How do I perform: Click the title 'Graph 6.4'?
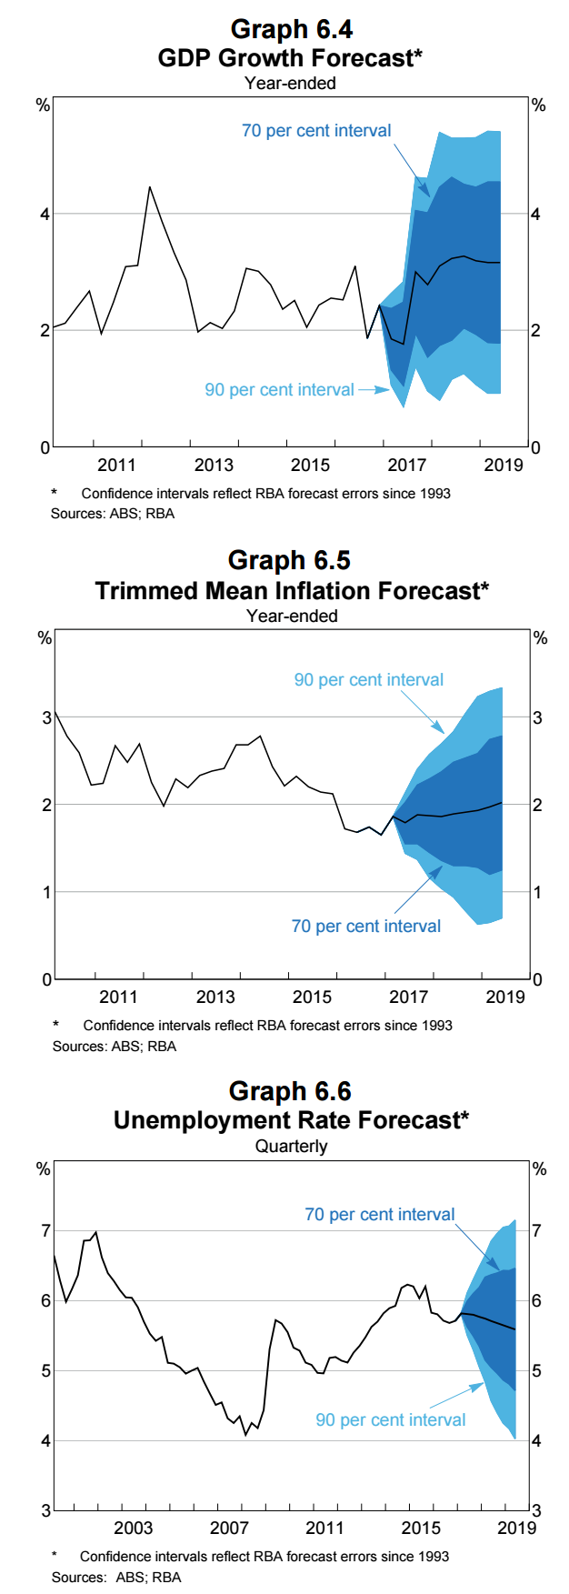point(291,29)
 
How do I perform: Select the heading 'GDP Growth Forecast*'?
point(290,58)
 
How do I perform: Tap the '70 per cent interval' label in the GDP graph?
point(316,131)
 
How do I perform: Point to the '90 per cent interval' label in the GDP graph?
point(279,390)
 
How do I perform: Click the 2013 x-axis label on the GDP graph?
point(214,466)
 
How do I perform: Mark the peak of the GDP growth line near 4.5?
point(150,187)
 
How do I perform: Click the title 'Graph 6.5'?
point(289,560)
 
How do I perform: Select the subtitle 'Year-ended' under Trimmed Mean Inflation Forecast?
point(292,617)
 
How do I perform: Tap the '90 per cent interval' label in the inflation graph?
point(368,680)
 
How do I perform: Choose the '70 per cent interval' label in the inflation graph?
point(365,927)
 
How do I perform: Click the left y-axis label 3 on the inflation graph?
point(46,717)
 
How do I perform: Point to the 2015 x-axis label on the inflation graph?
point(312,998)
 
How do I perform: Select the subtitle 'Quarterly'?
point(291,1147)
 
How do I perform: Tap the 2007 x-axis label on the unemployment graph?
point(229,1528)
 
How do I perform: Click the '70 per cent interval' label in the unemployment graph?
point(379,1215)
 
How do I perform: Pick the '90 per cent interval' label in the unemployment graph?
point(390,1420)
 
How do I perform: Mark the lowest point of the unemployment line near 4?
point(245,1435)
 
